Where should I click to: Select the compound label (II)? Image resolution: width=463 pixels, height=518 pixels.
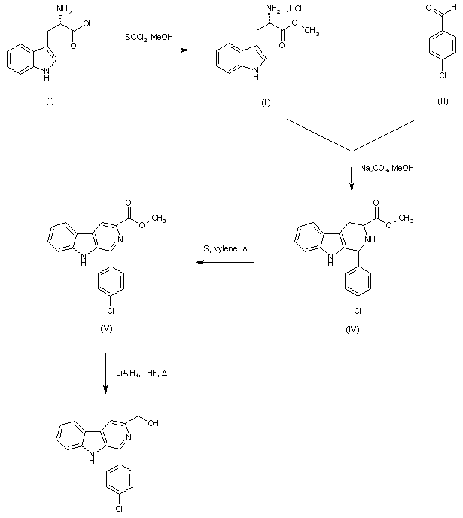[x=266, y=102]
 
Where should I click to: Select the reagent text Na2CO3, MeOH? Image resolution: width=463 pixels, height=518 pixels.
[x=386, y=169]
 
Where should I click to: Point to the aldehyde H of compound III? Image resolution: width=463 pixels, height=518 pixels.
[x=452, y=8]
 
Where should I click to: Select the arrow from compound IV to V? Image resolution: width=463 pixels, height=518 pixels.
[x=225, y=263]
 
